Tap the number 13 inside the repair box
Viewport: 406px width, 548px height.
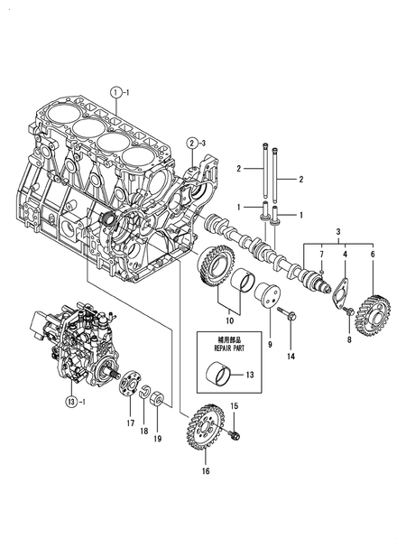(x=250, y=374)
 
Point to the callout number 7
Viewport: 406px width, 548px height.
(x=321, y=256)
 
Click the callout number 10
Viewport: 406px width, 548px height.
(x=228, y=320)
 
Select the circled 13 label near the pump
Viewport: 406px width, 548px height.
(x=71, y=400)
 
